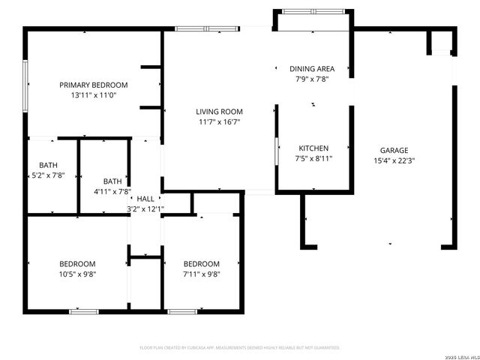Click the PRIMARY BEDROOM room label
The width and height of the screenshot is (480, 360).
94,85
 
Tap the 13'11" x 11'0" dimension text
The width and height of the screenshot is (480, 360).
94,95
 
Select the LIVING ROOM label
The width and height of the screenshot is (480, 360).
219,111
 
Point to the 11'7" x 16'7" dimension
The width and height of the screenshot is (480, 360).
219,121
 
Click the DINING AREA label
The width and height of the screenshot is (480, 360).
312,68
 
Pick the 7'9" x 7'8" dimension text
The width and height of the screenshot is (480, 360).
312,79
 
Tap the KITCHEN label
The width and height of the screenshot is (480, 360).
314,148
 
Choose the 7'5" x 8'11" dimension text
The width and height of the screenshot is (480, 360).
314,158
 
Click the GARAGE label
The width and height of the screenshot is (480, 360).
394,150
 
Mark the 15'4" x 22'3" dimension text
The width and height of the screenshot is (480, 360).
394,160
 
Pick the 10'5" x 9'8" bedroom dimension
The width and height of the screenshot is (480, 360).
77,274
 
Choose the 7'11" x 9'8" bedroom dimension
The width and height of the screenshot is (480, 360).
202,274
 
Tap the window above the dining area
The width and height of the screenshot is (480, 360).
313,11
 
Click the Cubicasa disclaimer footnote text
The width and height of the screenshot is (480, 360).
240,348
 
